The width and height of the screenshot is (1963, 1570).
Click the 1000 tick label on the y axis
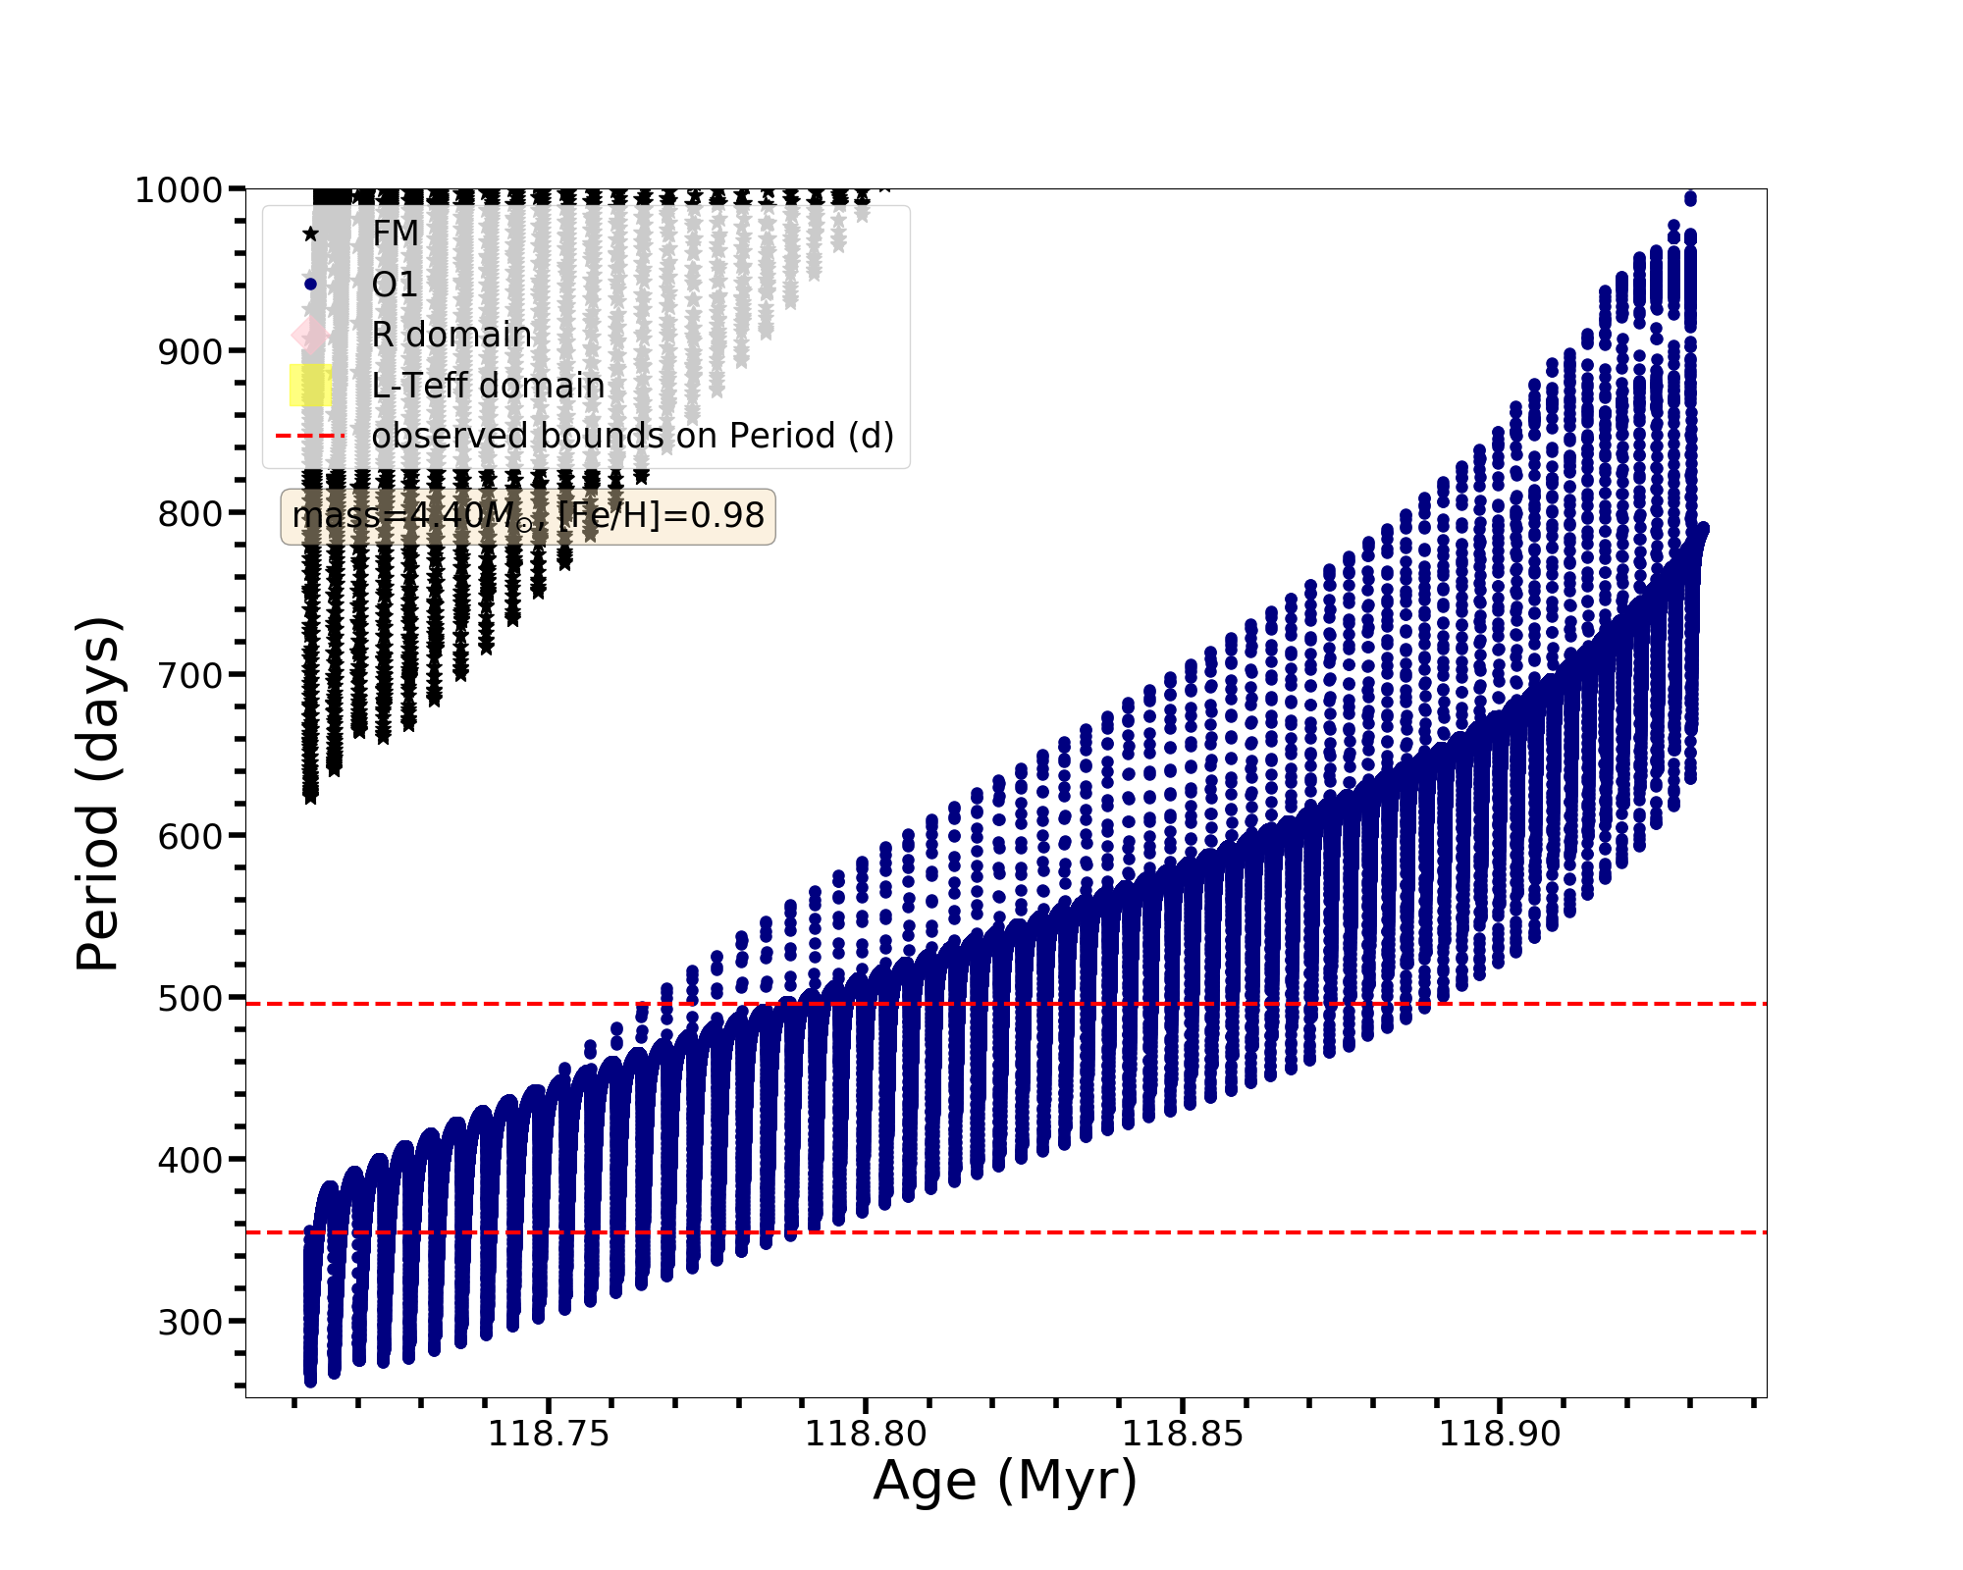click(x=178, y=189)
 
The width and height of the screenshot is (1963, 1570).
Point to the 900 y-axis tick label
click(x=189, y=351)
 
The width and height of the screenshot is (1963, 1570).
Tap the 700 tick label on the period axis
click(x=189, y=675)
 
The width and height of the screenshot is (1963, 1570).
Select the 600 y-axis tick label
click(x=189, y=836)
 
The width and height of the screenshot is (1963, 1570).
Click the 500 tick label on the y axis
click(x=189, y=998)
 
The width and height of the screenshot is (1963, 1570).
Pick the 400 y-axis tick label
click(x=189, y=1160)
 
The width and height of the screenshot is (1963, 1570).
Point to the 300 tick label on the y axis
click(x=189, y=1322)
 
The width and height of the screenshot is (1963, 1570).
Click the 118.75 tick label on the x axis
click(x=549, y=1435)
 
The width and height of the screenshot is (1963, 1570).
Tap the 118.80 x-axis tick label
click(x=866, y=1435)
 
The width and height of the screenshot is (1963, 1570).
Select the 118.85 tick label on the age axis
click(x=1183, y=1435)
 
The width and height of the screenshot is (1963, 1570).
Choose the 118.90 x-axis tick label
click(x=1500, y=1435)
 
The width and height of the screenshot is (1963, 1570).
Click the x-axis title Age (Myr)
click(x=1005, y=1482)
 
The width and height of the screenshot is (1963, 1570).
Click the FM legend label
click(x=396, y=234)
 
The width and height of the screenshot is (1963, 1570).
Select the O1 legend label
click(x=395, y=285)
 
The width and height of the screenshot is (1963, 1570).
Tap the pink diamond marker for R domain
click(x=310, y=335)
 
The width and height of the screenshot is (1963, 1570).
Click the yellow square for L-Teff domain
click(x=310, y=386)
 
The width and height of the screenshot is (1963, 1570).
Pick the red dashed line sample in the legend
click(x=310, y=436)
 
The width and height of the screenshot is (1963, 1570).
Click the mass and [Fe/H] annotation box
click(x=528, y=516)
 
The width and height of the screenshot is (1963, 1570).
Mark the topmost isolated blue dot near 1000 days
click(x=1690, y=199)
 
